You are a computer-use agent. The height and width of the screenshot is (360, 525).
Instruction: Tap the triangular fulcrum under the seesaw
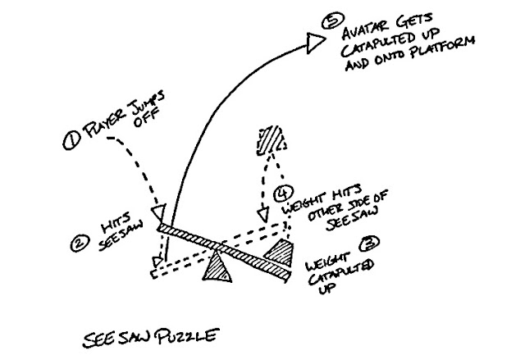(x=218, y=267)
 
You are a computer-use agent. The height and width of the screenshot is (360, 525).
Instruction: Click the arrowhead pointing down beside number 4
(x=263, y=216)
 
